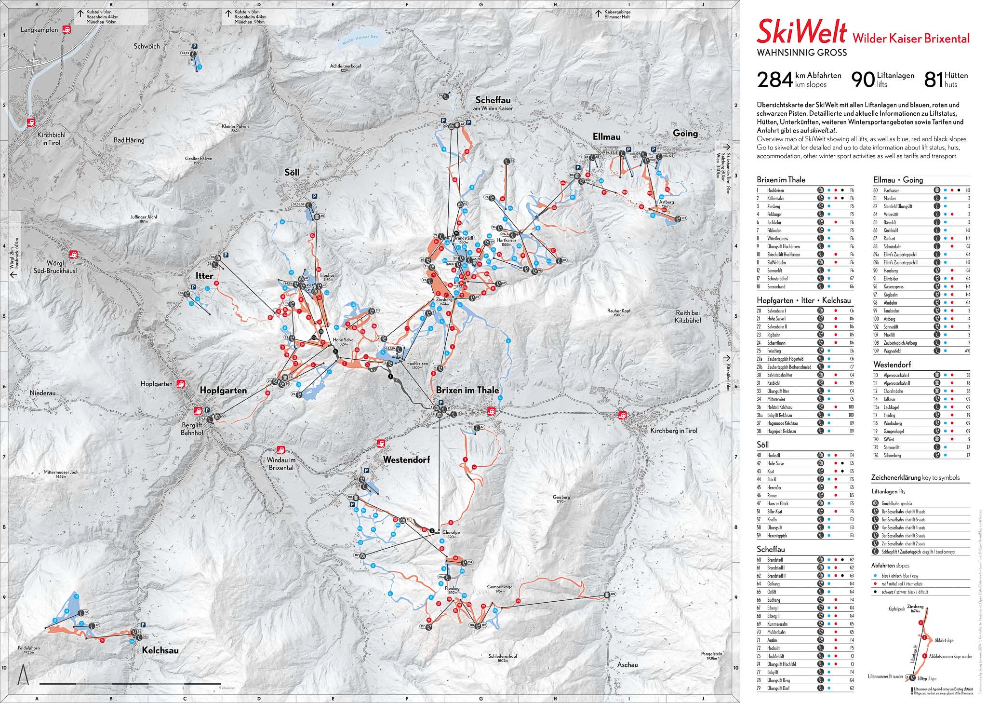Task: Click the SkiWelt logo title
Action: pyautogui.click(x=801, y=33)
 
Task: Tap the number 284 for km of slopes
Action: pyautogui.click(x=774, y=80)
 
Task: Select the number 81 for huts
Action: pyautogui.click(x=934, y=80)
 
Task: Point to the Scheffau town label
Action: pyautogui.click(x=492, y=100)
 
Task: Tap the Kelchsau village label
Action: pyautogui.click(x=160, y=650)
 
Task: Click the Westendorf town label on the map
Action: pyautogui.click(x=406, y=460)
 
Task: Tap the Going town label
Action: pyautogui.click(x=685, y=133)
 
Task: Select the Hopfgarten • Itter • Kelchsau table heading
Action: pyautogui.click(x=798, y=300)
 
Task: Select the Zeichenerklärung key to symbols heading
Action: pyautogui.click(x=915, y=478)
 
